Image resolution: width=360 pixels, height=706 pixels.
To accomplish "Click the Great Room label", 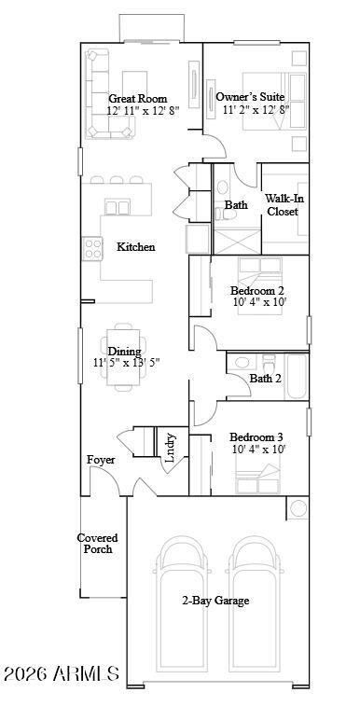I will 137,97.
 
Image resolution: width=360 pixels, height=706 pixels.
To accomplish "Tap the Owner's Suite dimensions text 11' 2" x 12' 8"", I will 252,109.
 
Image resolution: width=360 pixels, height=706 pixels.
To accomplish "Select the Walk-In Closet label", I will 283,205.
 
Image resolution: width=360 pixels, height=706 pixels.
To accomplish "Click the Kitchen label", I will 135,247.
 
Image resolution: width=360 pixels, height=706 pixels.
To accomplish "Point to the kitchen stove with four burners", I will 92,248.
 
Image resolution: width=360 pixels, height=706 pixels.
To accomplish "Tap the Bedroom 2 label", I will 257,290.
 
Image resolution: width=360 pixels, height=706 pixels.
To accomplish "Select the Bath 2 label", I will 265,379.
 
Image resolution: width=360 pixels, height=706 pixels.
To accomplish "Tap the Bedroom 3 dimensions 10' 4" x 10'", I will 258,450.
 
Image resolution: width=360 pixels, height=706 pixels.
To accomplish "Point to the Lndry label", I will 170,449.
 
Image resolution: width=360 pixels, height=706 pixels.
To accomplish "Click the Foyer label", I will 101,460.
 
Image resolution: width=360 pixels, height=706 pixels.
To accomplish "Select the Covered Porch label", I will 98,544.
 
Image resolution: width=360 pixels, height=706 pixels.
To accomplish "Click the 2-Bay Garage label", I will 215,601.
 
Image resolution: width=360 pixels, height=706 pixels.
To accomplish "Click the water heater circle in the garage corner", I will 298,508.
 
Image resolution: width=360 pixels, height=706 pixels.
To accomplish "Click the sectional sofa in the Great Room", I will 98,93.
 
